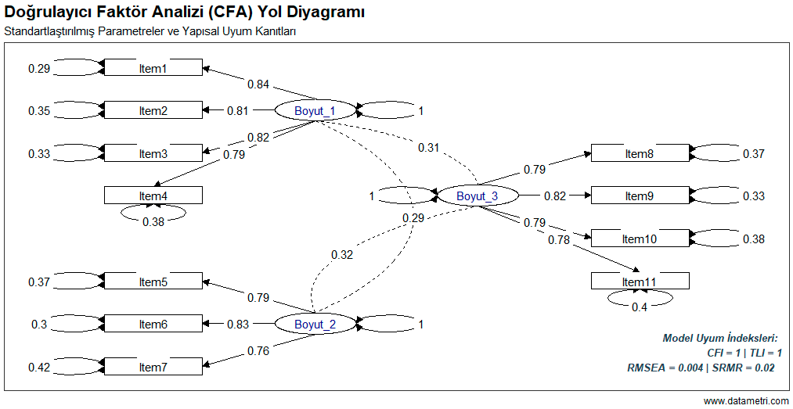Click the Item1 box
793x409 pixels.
point(153,69)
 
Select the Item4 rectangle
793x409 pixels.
point(153,196)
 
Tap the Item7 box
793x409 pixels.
point(153,368)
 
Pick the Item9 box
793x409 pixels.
point(640,196)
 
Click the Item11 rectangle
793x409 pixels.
point(640,282)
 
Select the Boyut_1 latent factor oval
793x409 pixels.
point(315,111)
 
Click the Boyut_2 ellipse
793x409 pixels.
point(315,325)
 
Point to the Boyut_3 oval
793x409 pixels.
point(477,196)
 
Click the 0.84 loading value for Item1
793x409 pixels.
point(259,84)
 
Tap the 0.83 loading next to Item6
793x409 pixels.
point(238,325)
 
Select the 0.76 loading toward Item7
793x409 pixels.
point(259,351)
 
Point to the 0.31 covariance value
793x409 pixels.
point(428,147)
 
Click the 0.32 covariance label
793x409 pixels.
point(342,254)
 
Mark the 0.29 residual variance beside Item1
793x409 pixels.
point(39,69)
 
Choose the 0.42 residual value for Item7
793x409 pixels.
point(39,368)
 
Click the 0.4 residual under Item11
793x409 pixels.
point(640,307)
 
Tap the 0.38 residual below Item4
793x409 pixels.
point(153,221)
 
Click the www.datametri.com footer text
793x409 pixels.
point(746,401)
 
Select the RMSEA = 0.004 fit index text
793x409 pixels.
point(665,367)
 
